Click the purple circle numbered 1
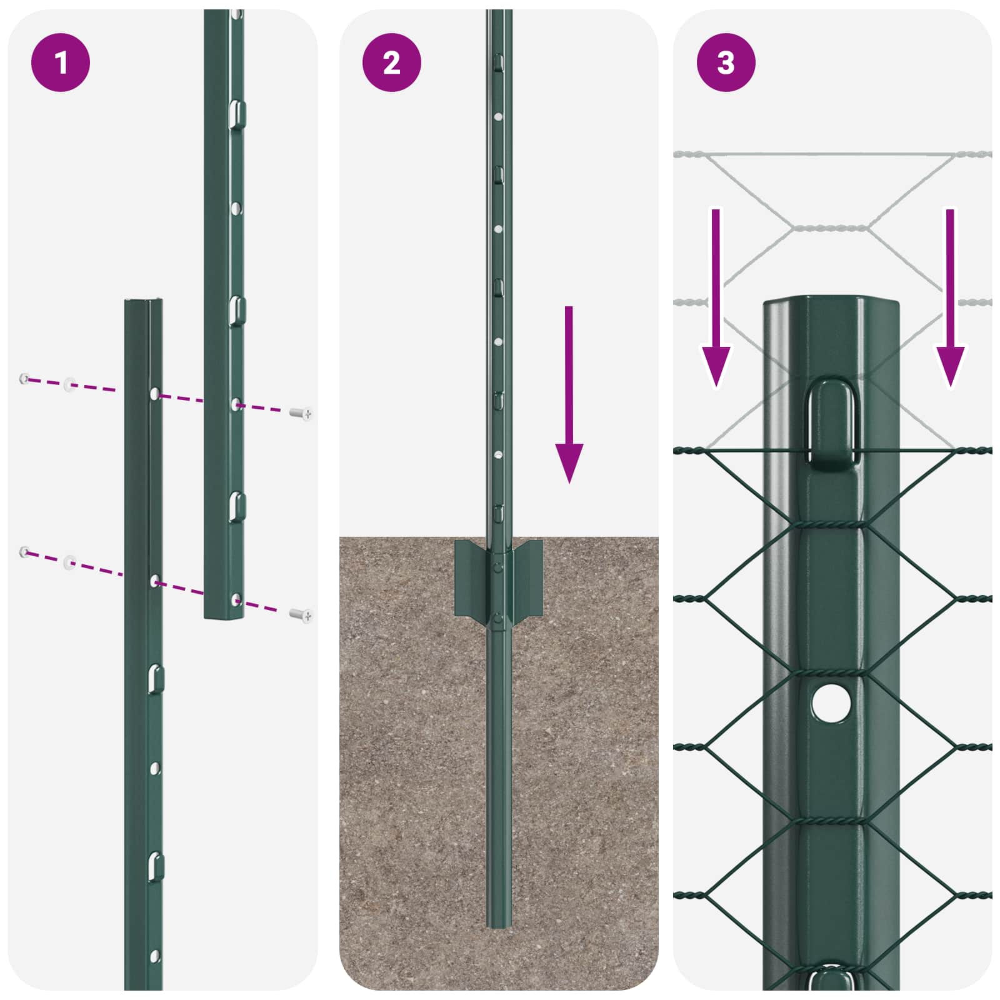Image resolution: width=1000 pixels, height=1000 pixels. coord(61,62)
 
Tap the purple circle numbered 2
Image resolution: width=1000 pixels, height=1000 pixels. coord(391,62)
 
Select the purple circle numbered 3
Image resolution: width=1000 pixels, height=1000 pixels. coord(726,62)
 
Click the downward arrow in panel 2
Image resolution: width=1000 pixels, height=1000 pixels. coord(569,394)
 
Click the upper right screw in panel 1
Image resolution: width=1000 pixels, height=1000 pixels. coord(302,413)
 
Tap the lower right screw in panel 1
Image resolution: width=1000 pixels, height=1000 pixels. coord(302,616)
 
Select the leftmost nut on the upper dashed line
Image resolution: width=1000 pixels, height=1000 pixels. coord(24,378)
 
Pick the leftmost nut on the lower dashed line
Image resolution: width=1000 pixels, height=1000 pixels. coord(24,551)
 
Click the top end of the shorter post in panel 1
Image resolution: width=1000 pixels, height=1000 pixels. coord(144,302)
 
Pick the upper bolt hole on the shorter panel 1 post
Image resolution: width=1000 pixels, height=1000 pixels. coord(154,394)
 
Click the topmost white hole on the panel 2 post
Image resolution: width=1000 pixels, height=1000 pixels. coord(498,117)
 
